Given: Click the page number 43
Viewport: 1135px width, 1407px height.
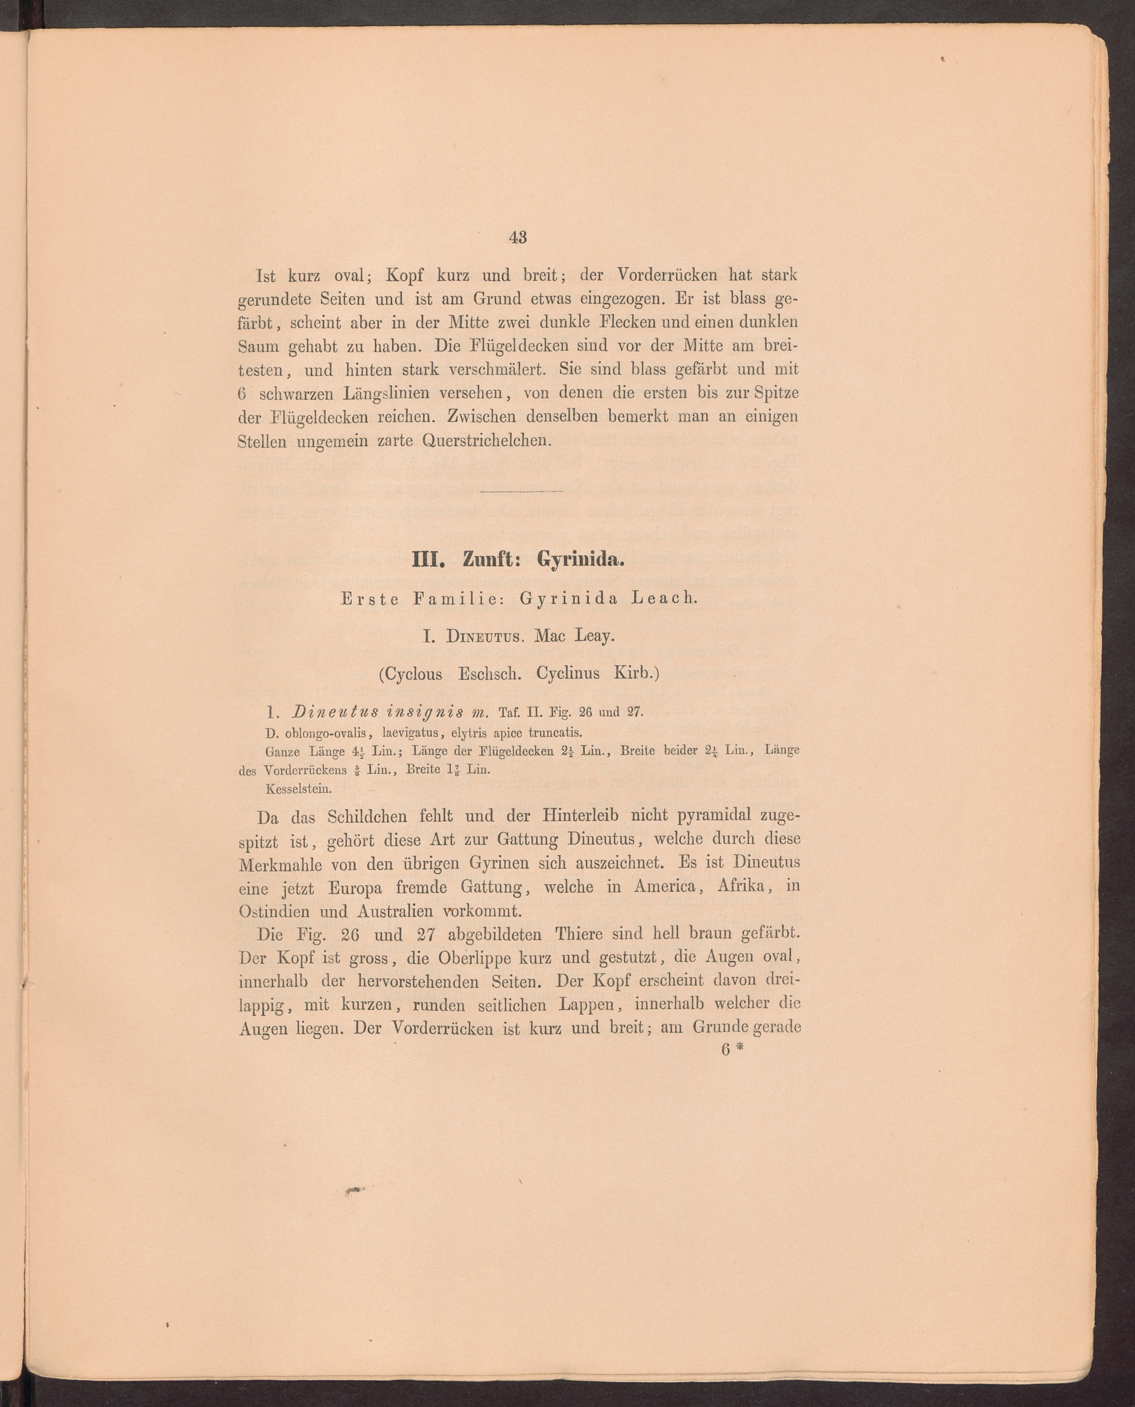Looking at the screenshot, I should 517,238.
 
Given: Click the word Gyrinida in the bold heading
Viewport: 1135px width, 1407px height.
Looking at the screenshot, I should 581,560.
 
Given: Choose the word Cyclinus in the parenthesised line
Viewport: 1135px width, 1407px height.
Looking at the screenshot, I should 567,674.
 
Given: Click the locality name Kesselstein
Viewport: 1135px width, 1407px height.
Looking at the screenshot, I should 299,788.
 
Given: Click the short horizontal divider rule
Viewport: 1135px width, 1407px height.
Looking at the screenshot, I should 521,491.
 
